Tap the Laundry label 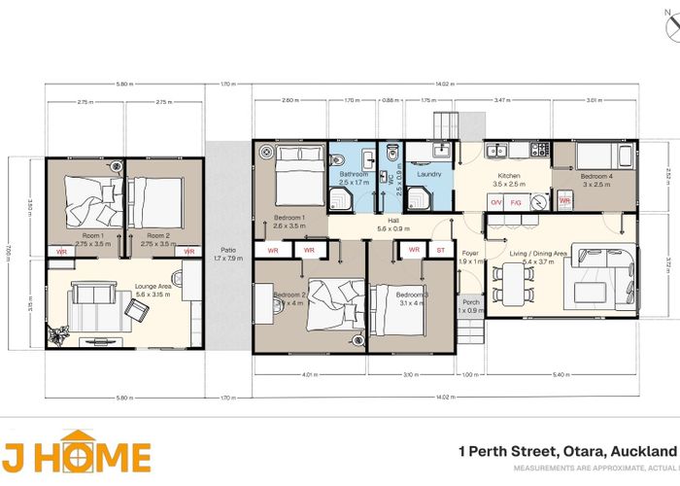[x=429, y=175]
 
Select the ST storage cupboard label [x=440, y=250]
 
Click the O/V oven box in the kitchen [x=495, y=202]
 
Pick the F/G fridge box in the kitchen [x=516, y=202]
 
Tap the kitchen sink [x=497, y=151]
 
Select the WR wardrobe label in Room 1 [x=60, y=252]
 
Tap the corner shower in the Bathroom [x=342, y=199]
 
